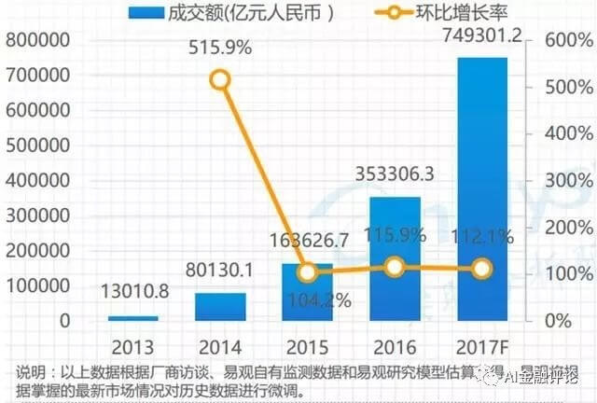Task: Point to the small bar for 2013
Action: (132, 318)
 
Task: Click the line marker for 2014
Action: (219, 80)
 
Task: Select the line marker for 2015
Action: (307, 272)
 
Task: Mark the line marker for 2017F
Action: (481, 269)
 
